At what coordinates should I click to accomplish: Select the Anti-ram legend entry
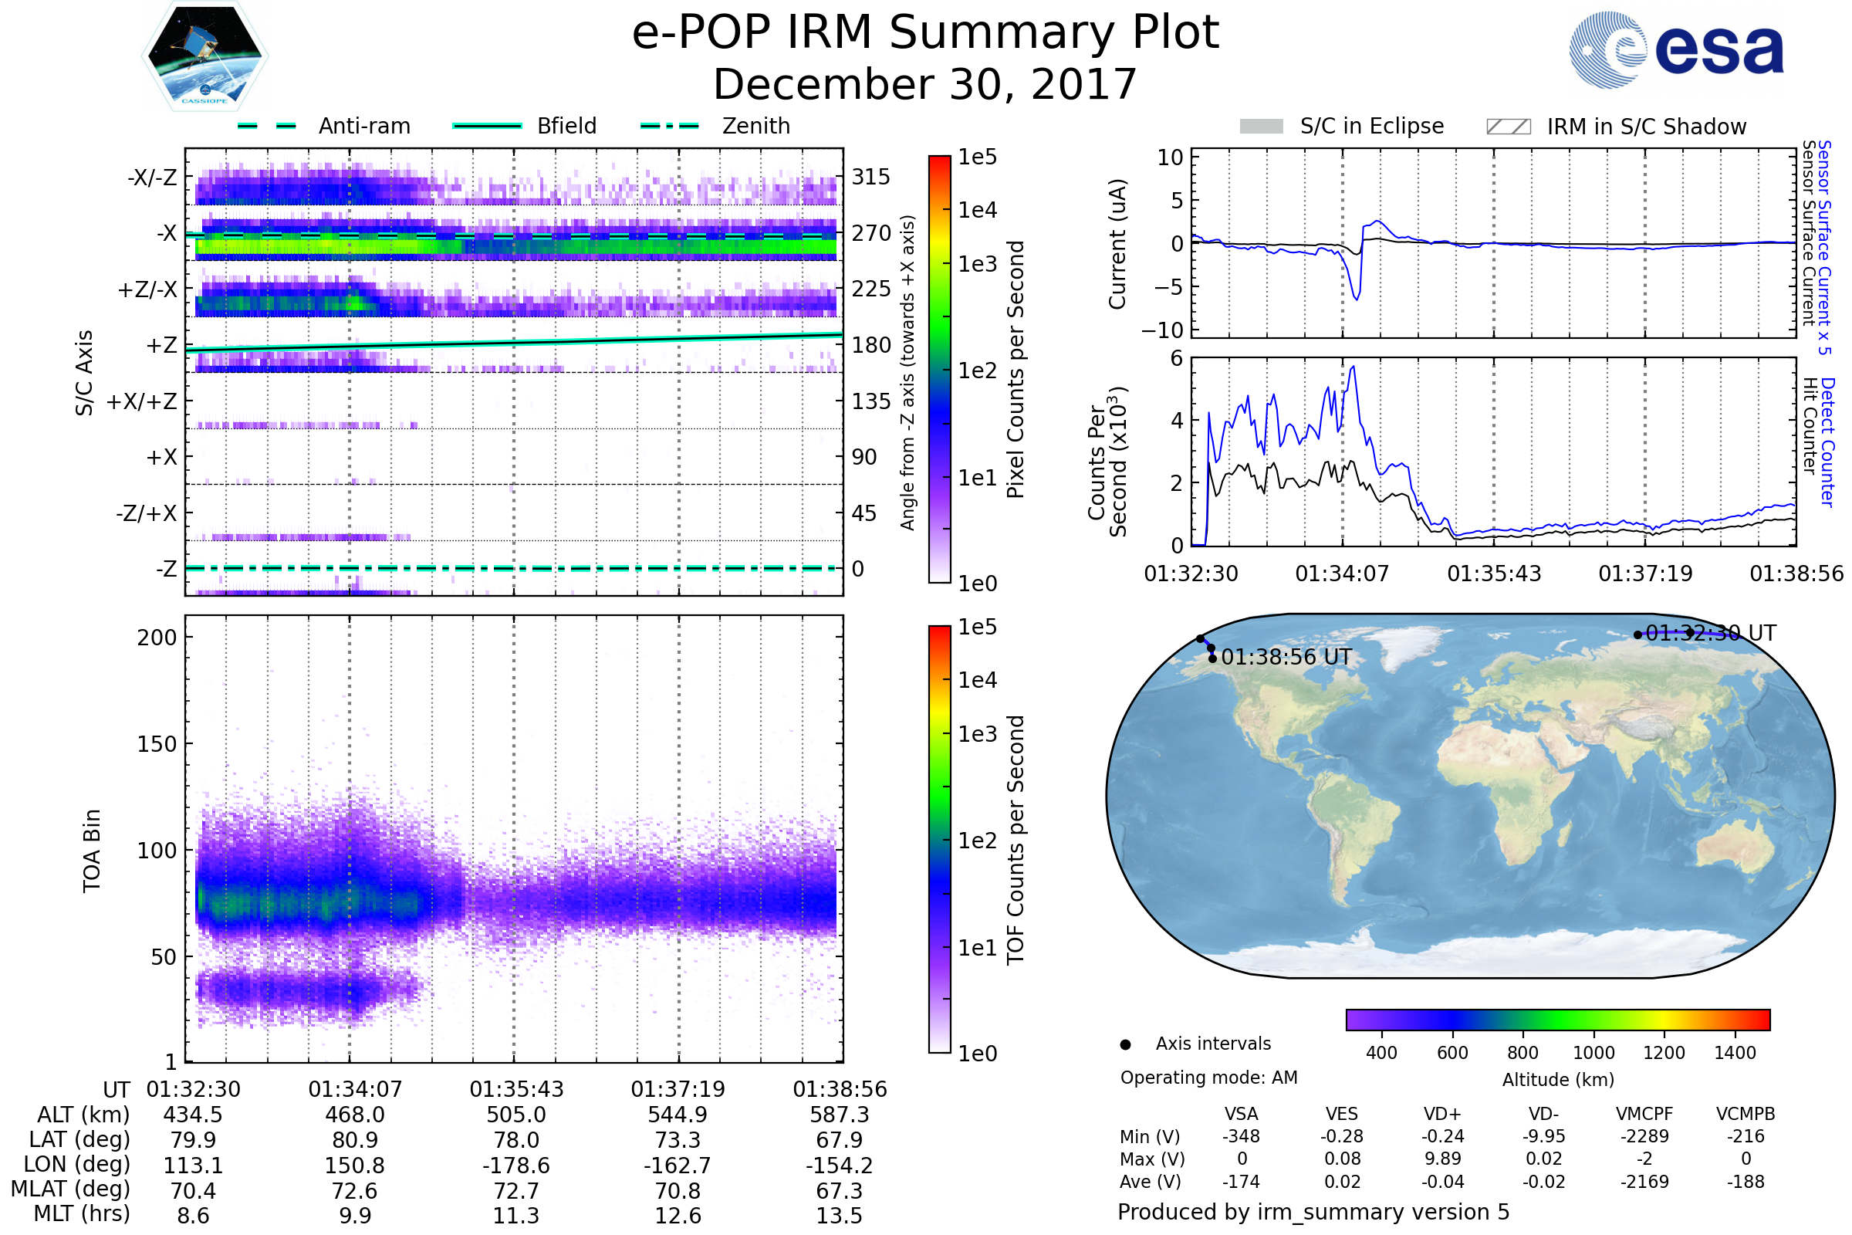click(324, 126)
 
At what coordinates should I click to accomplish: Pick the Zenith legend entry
click(715, 126)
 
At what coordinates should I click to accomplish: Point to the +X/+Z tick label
click(142, 401)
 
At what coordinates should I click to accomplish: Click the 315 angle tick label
click(870, 177)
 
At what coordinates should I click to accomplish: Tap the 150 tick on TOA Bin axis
click(157, 744)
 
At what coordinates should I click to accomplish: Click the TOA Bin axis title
click(91, 850)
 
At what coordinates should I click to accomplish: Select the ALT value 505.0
click(515, 1115)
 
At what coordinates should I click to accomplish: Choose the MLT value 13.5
click(839, 1215)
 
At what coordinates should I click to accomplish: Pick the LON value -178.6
click(515, 1165)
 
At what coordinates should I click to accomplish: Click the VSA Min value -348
click(1241, 1136)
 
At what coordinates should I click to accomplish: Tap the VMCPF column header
click(1644, 1114)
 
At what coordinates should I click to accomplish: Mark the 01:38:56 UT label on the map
click(1286, 657)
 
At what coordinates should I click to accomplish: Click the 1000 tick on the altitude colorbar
click(1593, 1053)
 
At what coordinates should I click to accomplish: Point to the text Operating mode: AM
click(1208, 1078)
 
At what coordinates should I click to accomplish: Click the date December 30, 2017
click(924, 84)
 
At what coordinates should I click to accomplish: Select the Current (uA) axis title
click(1117, 244)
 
